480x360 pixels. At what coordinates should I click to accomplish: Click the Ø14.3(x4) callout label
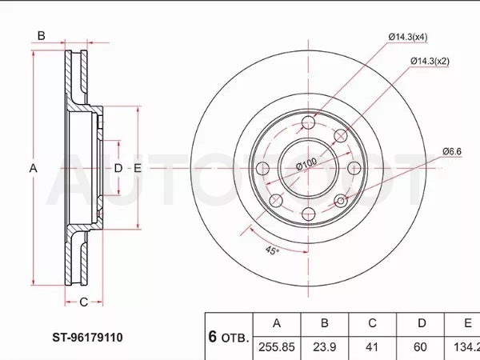point(408,38)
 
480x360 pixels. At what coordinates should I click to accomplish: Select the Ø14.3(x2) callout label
point(430,62)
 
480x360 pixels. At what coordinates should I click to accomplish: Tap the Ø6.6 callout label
point(452,151)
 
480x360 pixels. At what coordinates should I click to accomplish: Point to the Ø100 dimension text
point(306,163)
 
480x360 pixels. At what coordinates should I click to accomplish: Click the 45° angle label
point(272,250)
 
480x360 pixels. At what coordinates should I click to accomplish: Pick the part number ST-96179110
point(87,338)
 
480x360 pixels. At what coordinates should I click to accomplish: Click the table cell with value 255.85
point(277,347)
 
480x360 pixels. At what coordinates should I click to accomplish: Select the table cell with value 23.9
point(325,347)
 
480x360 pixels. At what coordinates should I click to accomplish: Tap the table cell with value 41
point(372,347)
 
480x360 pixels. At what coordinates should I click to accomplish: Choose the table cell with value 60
point(420,347)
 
